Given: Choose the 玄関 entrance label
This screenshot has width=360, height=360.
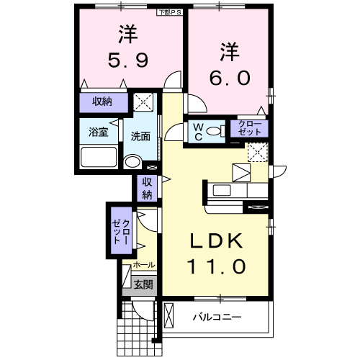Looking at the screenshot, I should click(143, 285).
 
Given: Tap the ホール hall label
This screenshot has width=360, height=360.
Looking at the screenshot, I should click(144, 266).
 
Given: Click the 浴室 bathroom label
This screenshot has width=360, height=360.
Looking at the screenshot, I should click(98, 133).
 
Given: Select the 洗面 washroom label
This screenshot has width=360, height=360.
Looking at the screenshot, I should click(140, 135).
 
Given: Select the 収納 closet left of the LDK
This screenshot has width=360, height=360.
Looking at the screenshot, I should click(147, 188).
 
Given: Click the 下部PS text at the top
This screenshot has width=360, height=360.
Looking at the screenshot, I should click(171, 12).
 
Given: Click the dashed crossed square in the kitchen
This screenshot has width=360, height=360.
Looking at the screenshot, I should click(258, 152).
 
